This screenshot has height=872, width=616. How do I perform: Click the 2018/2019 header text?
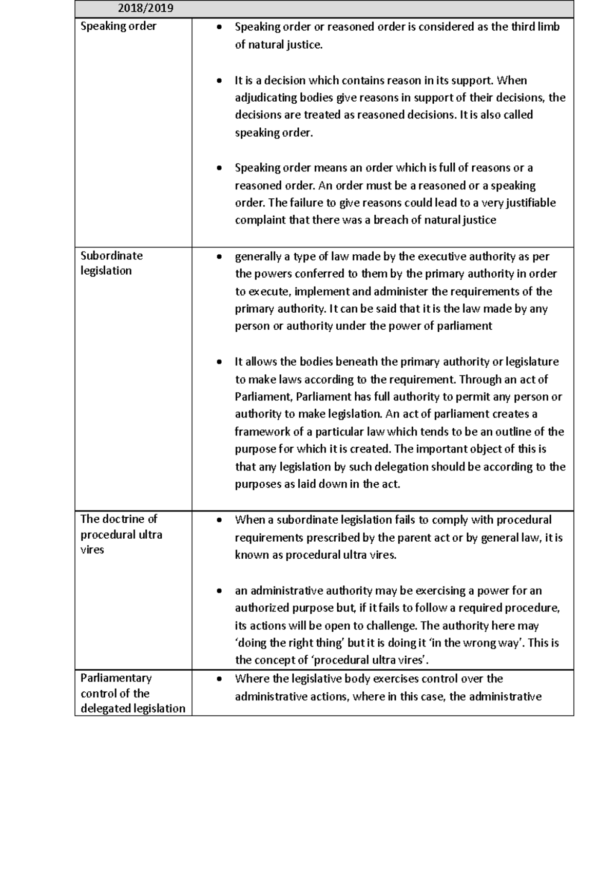[x=145, y=8]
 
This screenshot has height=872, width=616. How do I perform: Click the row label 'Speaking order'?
[x=118, y=26]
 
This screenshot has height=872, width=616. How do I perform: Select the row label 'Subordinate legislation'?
[x=111, y=263]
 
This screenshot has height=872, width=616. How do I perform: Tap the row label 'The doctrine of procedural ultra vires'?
[x=121, y=534]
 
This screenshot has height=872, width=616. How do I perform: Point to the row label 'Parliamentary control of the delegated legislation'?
[x=132, y=693]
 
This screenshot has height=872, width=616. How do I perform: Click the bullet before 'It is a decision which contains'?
[x=220, y=81]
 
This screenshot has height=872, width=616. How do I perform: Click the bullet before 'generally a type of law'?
[x=220, y=257]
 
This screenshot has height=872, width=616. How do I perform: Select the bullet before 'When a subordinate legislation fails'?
[x=220, y=520]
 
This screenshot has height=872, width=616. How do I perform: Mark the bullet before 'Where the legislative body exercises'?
[x=220, y=679]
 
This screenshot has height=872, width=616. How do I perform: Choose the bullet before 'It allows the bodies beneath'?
[x=220, y=363]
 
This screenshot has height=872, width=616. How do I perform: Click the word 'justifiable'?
[x=531, y=203]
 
